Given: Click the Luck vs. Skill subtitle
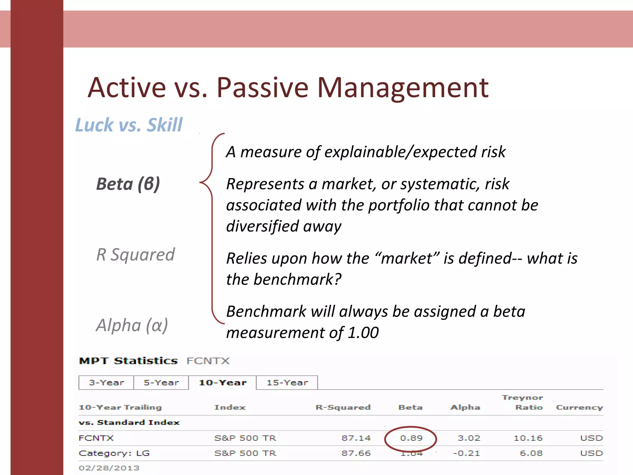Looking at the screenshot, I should (129, 125).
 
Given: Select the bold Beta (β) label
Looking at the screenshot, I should (128, 184).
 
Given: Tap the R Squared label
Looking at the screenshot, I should (135, 255).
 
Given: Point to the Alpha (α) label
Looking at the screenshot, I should (132, 325).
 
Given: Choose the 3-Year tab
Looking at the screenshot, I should (106, 383).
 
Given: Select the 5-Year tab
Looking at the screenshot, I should (161, 383).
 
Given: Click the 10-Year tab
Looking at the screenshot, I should (223, 383).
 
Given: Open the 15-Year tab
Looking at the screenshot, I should (287, 383).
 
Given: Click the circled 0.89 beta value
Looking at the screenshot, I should (411, 438).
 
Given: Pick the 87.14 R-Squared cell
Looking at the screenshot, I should (356, 438).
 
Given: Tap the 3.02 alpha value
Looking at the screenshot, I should (469, 438).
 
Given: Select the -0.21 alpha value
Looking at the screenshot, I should (466, 453).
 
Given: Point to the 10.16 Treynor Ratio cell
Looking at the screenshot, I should (528, 438).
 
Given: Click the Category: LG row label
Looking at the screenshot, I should (114, 453).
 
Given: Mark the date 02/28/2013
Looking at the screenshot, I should (109, 468).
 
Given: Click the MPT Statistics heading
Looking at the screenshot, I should (128, 361).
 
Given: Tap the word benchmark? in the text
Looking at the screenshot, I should (297, 279).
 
